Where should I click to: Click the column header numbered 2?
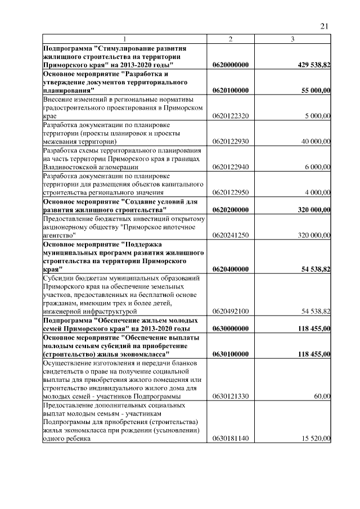(231, 39)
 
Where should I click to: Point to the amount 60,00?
(322, 397)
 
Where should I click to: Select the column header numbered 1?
(125, 39)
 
